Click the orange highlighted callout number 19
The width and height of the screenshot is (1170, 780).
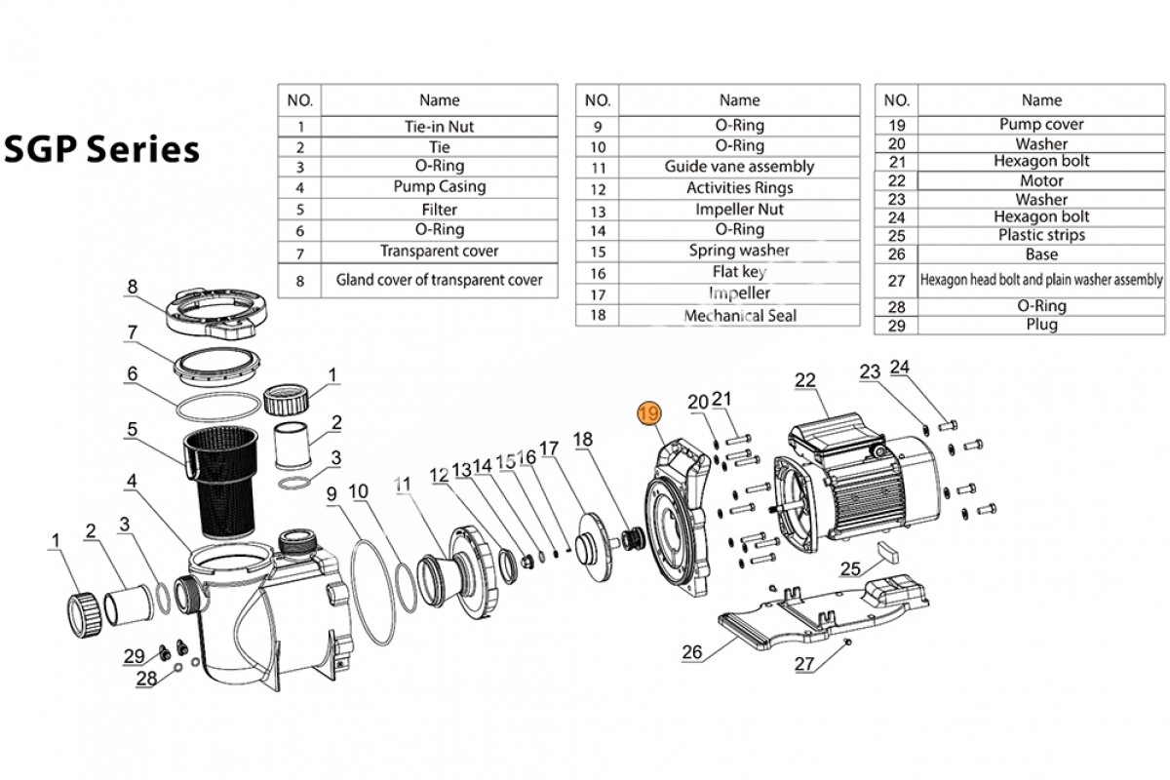pos(648,413)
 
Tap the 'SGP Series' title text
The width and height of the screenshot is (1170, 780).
pos(102,149)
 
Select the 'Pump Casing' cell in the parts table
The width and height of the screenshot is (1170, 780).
pos(439,186)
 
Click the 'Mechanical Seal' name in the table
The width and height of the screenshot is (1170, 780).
pos(739,315)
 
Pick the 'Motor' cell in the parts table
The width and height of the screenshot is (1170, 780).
pos(1041,180)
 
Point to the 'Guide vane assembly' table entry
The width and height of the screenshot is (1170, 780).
pos(739,167)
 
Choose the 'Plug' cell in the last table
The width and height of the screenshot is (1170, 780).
pos(1041,325)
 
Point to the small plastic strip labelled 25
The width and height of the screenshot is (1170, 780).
pos(887,550)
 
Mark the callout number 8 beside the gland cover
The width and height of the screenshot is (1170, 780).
pos(133,287)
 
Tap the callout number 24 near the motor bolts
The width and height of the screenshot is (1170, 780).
pos(900,369)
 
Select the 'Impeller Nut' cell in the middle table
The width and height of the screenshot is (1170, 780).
pos(739,209)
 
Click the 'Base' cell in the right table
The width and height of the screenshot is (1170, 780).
pos(1041,253)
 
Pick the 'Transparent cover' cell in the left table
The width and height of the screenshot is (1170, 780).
pos(439,251)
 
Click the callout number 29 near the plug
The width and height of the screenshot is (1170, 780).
pos(135,655)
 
